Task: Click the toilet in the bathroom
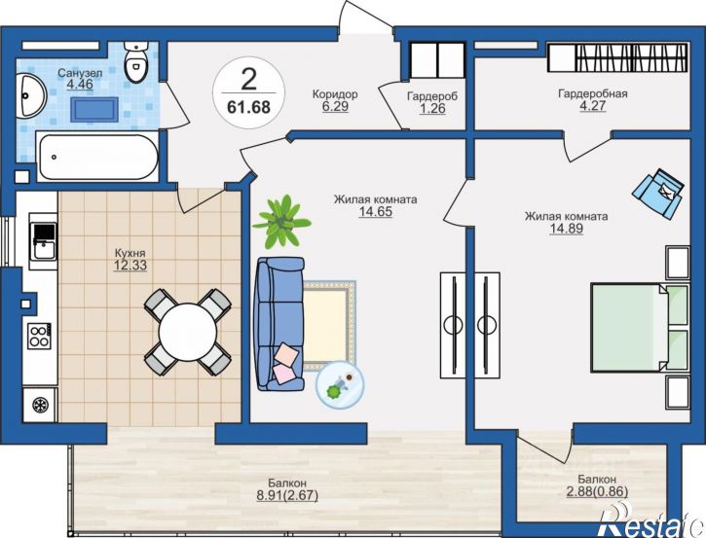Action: (x=136, y=61)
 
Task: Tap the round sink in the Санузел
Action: (x=30, y=95)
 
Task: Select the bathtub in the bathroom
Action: (x=98, y=157)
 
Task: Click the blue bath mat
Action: (x=94, y=110)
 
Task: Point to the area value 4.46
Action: (x=80, y=84)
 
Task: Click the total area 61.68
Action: (x=248, y=108)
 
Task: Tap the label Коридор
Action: (x=335, y=94)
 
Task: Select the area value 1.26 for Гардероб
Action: (x=432, y=108)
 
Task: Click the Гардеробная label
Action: (x=592, y=93)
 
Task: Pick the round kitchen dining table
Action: (x=188, y=332)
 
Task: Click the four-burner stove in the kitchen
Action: (x=39, y=336)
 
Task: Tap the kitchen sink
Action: (x=43, y=241)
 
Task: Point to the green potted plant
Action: (x=281, y=221)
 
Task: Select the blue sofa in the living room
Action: (x=280, y=323)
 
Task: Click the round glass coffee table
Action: (x=341, y=385)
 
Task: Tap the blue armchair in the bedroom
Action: (x=658, y=193)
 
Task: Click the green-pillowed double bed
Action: (x=640, y=327)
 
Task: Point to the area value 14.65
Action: (x=375, y=211)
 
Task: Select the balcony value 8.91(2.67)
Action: (x=287, y=495)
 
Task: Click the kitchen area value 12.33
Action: (x=130, y=266)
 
